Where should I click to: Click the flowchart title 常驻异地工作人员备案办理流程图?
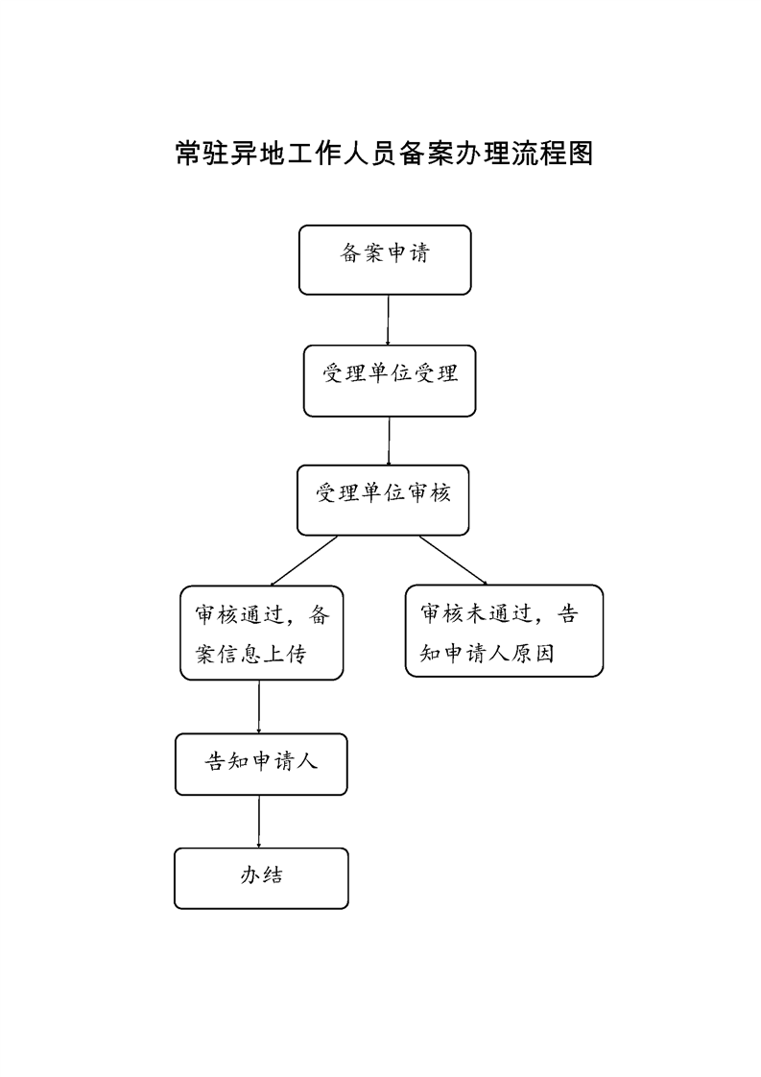(x=384, y=154)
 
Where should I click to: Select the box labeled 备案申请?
(x=385, y=259)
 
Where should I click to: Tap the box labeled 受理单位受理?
(x=390, y=380)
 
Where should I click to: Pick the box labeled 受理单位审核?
(x=383, y=500)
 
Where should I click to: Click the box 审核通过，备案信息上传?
(x=262, y=633)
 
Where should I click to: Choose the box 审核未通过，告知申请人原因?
(x=504, y=631)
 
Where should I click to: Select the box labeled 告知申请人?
(x=261, y=764)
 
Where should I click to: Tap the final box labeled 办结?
(x=261, y=878)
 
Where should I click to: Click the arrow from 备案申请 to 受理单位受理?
(x=388, y=320)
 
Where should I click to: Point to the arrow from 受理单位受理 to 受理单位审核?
(x=389, y=441)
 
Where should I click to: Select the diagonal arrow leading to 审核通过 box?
(x=304, y=561)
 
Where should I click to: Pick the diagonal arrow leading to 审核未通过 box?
(x=453, y=561)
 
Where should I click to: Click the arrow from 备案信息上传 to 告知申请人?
(x=259, y=706)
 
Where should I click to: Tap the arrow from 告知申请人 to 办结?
(x=259, y=822)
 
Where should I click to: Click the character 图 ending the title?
(x=581, y=154)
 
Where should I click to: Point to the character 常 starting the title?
(x=188, y=154)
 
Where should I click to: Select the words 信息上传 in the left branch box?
(x=262, y=654)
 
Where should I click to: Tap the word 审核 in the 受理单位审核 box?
(x=429, y=492)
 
